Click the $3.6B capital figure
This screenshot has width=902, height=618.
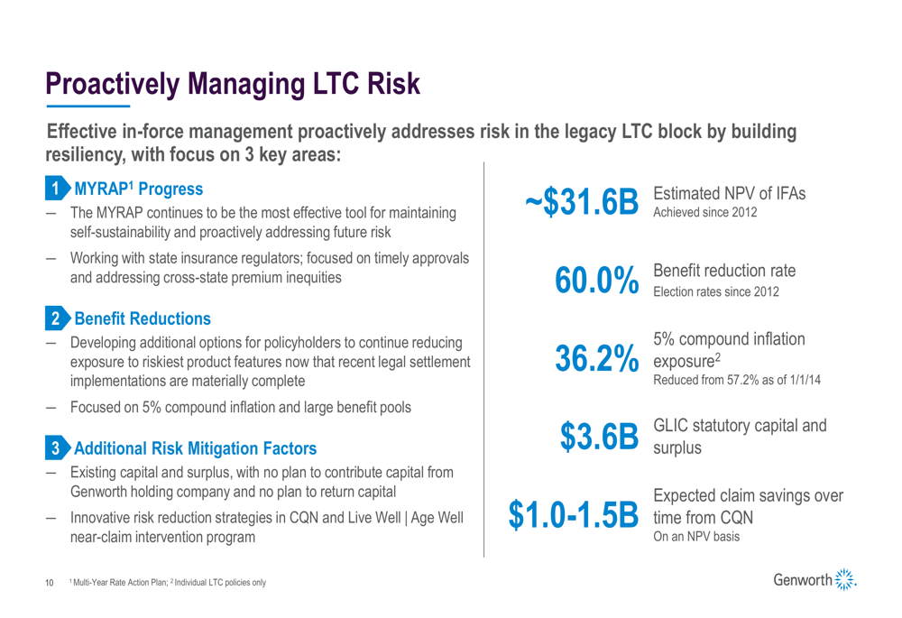coord(599,437)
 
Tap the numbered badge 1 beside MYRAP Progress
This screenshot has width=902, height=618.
coord(57,190)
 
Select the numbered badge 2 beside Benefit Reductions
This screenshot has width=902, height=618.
coord(57,318)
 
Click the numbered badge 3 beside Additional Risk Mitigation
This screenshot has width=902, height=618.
coord(57,447)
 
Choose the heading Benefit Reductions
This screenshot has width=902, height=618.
coord(143,318)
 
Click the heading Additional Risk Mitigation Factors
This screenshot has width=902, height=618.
coord(196,447)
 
